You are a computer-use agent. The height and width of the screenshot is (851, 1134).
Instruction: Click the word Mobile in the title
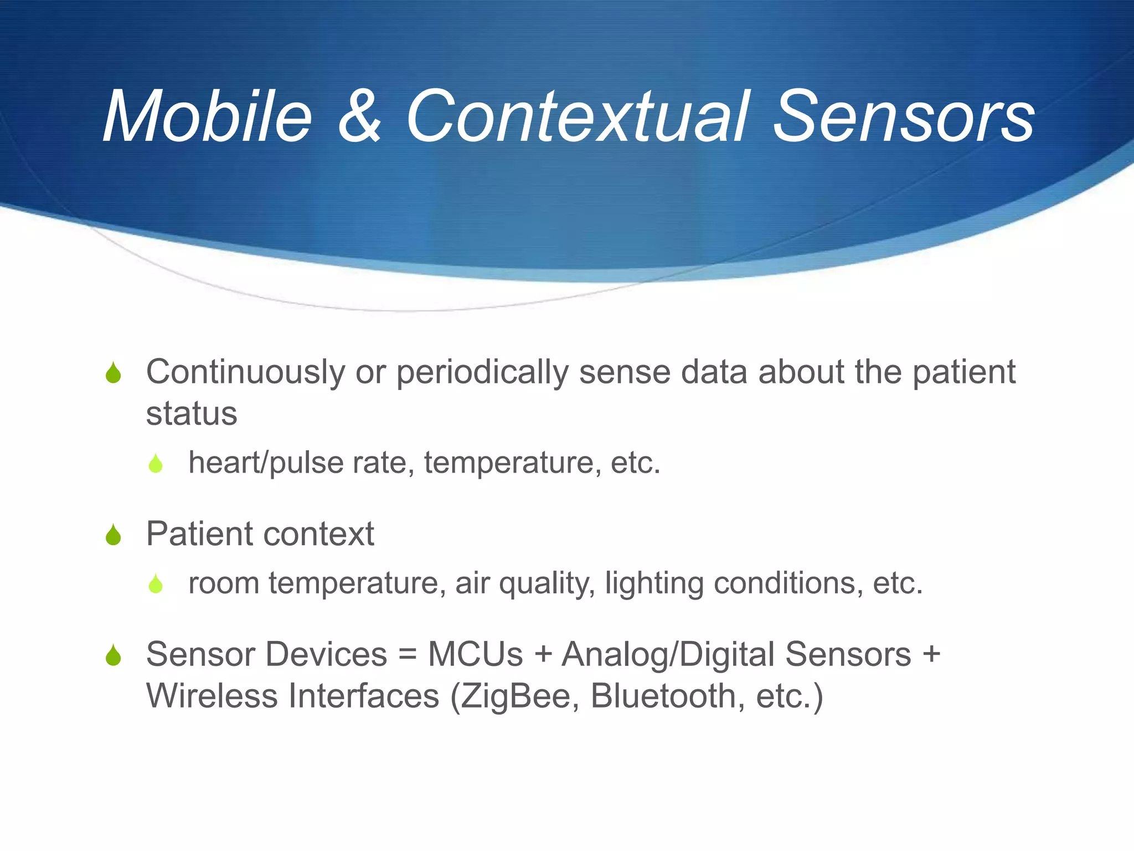(208, 117)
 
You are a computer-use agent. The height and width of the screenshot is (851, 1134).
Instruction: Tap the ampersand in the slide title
(359, 117)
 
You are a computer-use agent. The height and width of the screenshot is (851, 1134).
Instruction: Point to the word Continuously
(246, 372)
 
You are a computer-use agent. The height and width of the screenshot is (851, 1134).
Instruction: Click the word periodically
(482, 372)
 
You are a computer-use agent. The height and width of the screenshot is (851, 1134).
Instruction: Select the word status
(192, 414)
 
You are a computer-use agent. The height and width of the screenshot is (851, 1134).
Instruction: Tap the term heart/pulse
(266, 463)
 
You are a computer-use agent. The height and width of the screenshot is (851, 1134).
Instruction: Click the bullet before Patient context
(114, 535)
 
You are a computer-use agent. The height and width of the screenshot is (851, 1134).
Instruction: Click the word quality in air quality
(547, 584)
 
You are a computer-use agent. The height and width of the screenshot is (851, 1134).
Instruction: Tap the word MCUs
(475, 655)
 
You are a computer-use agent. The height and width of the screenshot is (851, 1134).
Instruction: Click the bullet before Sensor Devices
(114, 656)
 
